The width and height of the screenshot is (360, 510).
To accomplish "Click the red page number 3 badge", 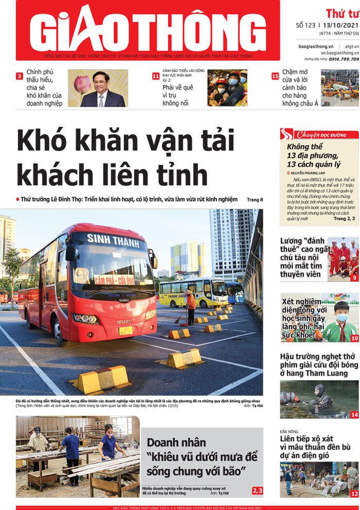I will [19, 76].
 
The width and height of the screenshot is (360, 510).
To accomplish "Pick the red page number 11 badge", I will [156, 76].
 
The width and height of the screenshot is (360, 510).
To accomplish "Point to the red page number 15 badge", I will [275, 76].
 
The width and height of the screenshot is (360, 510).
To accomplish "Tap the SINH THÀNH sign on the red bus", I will [113, 240].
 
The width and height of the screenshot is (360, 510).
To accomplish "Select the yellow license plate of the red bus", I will [126, 330].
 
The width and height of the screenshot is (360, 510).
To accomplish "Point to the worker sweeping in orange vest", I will [190, 307].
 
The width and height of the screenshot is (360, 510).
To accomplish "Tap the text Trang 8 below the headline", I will [255, 200].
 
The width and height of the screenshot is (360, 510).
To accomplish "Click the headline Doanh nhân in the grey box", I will [176, 443].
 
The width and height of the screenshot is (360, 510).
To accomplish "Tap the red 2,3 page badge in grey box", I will [257, 490].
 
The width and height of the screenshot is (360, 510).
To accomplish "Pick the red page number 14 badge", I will [354, 415].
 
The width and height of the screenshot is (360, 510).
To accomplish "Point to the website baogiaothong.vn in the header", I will [316, 47].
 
